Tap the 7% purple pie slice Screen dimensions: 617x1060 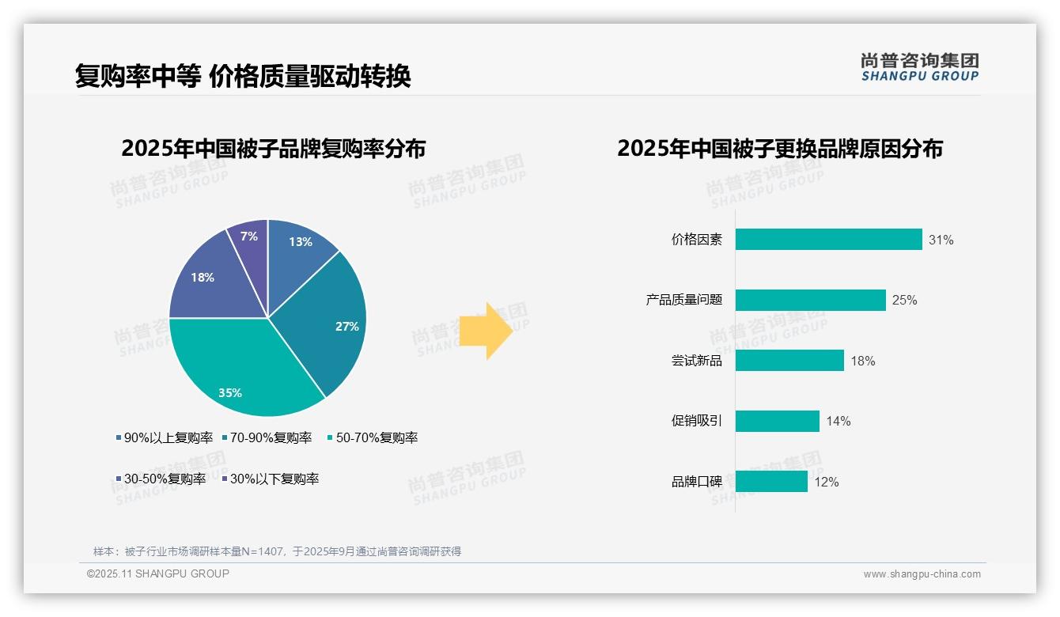(x=250, y=241)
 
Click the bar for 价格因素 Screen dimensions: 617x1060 (x=828, y=240)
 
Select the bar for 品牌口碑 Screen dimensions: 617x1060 (x=771, y=481)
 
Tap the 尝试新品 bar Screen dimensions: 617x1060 (x=789, y=361)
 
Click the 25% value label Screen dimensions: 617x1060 (x=904, y=301)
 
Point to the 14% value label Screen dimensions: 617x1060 (x=838, y=421)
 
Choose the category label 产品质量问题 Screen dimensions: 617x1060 (x=683, y=301)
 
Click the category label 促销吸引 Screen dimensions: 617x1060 (x=696, y=421)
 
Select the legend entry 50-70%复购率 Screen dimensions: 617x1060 (x=377, y=437)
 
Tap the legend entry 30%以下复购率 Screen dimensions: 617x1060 (x=274, y=479)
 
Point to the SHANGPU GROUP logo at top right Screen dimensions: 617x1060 (x=919, y=67)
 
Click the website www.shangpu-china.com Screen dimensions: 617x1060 (x=922, y=573)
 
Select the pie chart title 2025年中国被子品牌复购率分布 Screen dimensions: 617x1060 (x=273, y=149)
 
